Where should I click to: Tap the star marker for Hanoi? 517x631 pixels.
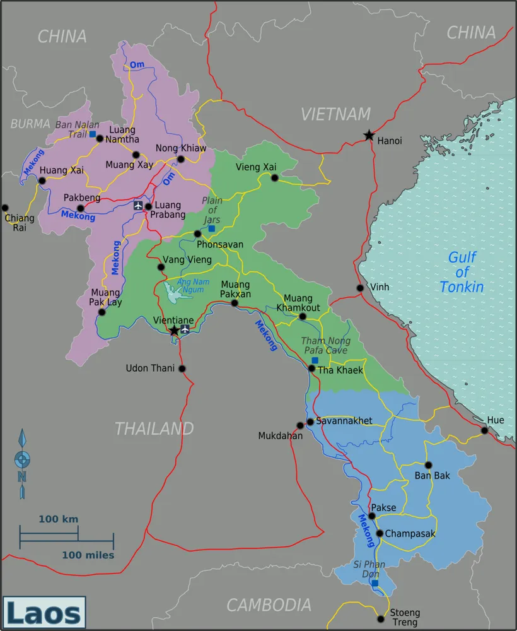(x=368, y=135)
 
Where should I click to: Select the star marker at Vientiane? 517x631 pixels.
(x=174, y=330)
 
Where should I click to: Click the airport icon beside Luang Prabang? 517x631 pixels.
(x=138, y=205)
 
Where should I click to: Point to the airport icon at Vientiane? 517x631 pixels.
(x=185, y=329)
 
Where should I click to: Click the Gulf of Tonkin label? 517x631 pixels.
(x=462, y=272)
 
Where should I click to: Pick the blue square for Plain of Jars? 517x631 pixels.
(x=212, y=228)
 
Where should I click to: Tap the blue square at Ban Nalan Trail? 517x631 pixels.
(x=93, y=134)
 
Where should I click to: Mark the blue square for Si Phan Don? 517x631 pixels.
(x=375, y=583)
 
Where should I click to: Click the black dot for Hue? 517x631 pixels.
(x=484, y=430)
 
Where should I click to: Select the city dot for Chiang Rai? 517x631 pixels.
(x=5, y=207)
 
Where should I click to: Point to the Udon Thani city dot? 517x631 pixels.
(x=182, y=369)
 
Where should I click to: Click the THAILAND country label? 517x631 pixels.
(x=154, y=428)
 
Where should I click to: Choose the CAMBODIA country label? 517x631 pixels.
(x=269, y=605)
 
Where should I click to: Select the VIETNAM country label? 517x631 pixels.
(x=335, y=114)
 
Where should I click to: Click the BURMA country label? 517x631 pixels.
(x=30, y=124)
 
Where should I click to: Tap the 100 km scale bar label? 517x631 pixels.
(x=58, y=519)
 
